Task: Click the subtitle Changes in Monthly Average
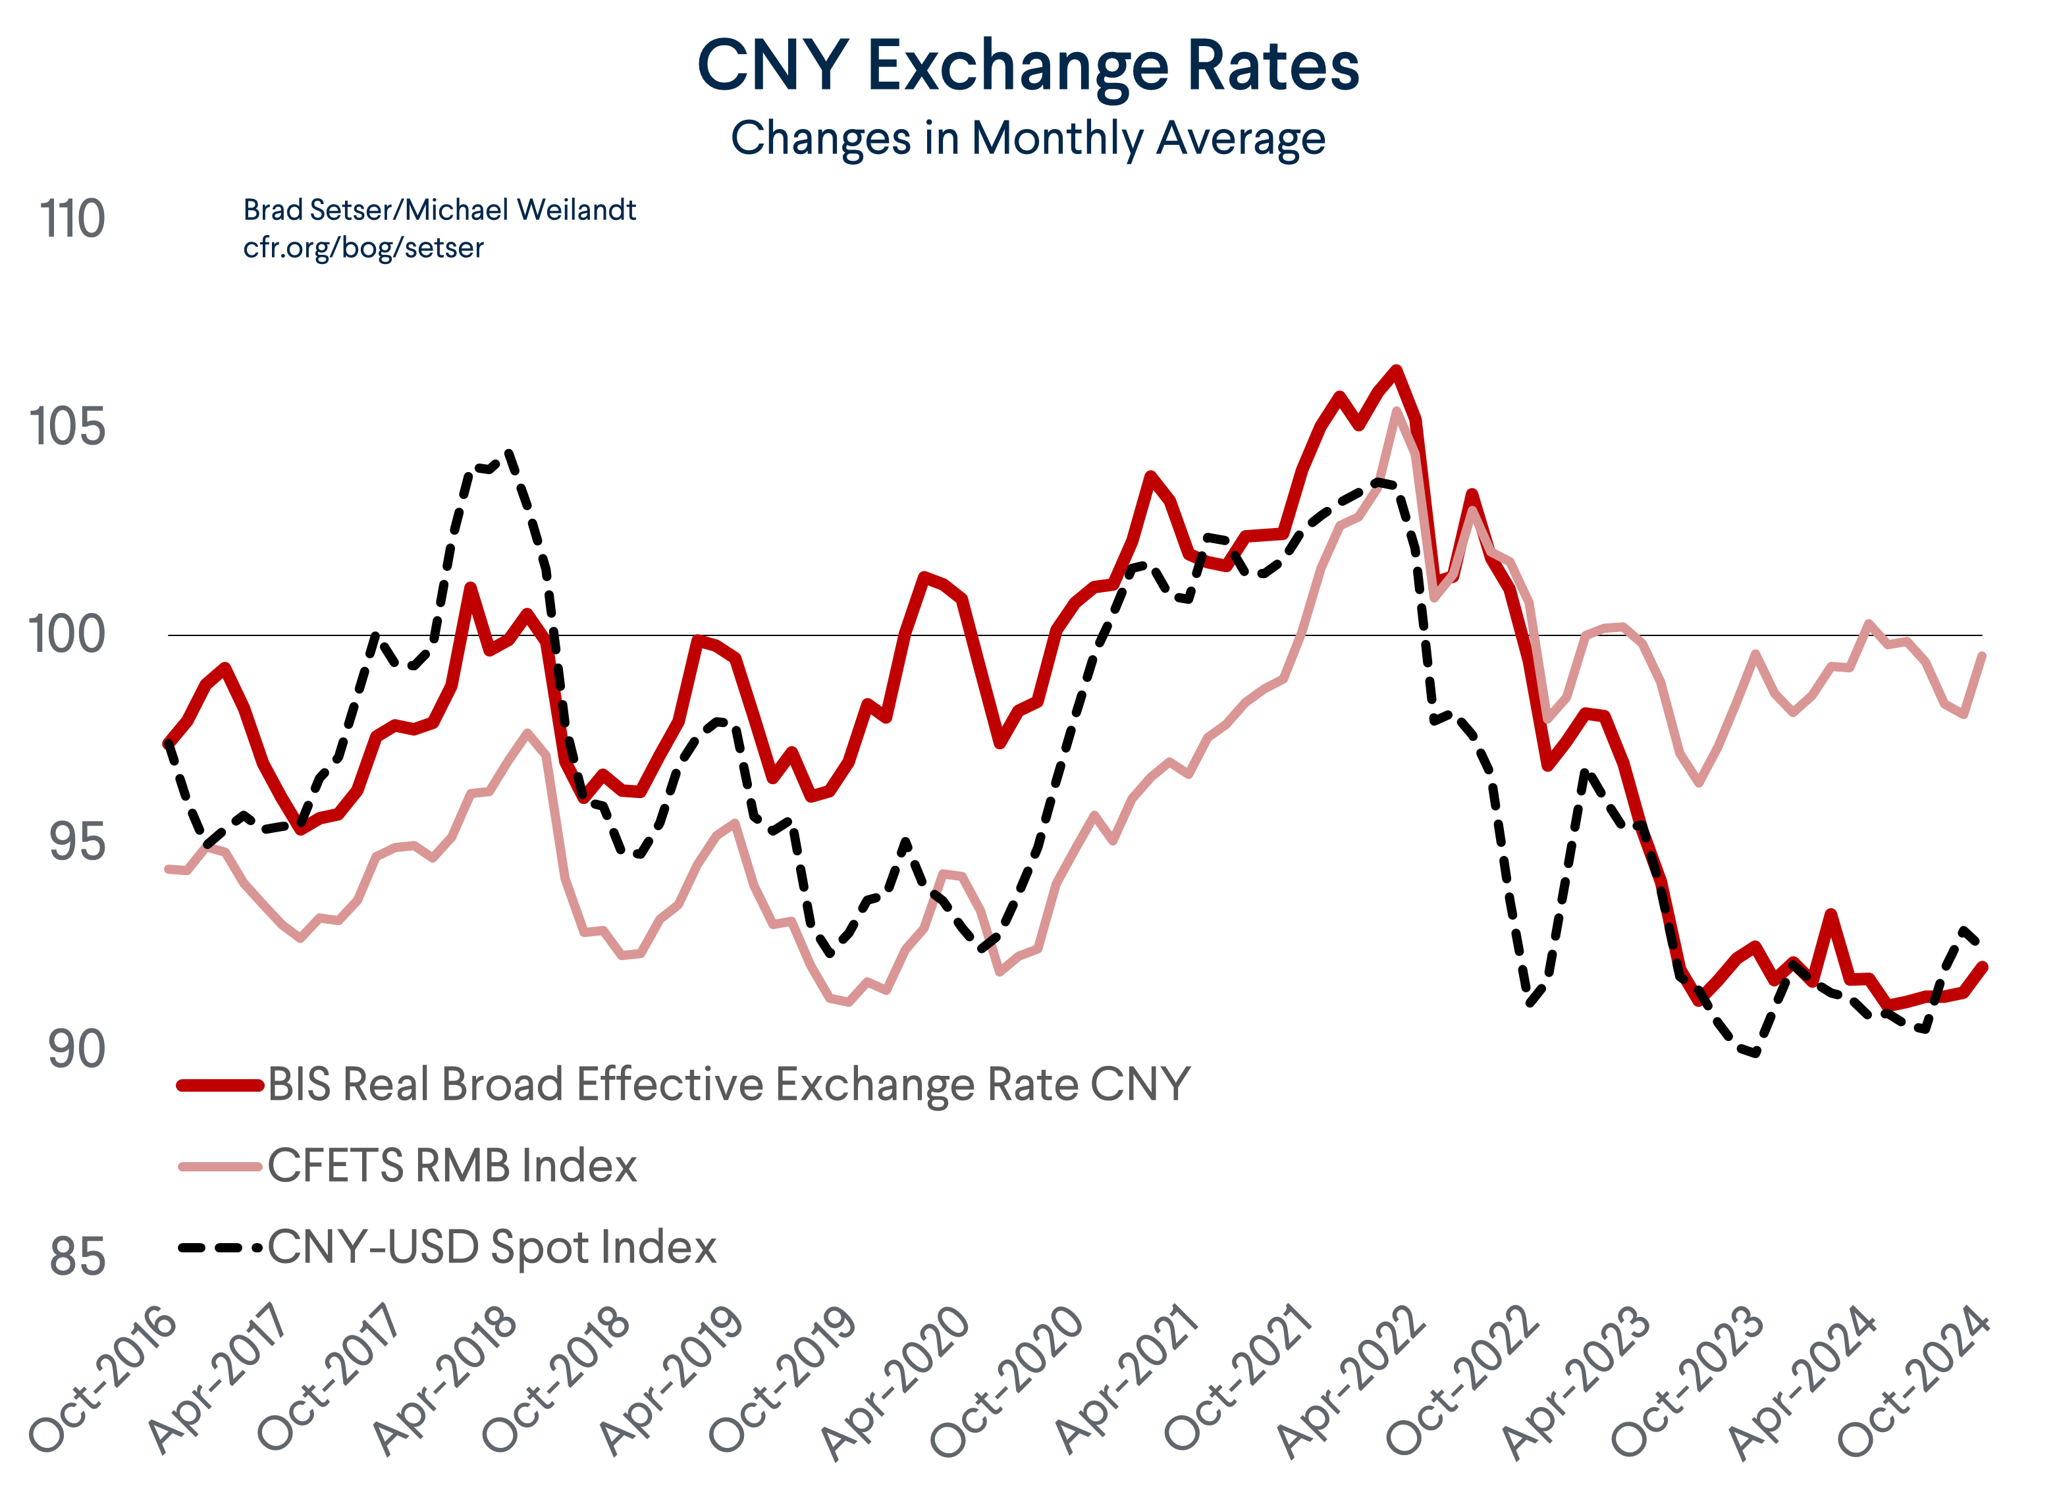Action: [x=1028, y=139]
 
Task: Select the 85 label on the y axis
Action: [x=77, y=1258]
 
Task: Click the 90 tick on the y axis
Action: [x=76, y=1050]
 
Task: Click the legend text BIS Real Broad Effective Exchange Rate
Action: [x=728, y=1085]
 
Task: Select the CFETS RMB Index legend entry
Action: [x=452, y=1165]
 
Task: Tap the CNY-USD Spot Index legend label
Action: [x=492, y=1247]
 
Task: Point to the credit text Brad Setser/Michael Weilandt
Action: [x=439, y=209]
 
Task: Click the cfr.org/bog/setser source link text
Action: [x=363, y=248]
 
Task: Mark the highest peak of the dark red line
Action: [x=1397, y=370]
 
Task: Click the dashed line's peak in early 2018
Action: [x=510, y=451]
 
